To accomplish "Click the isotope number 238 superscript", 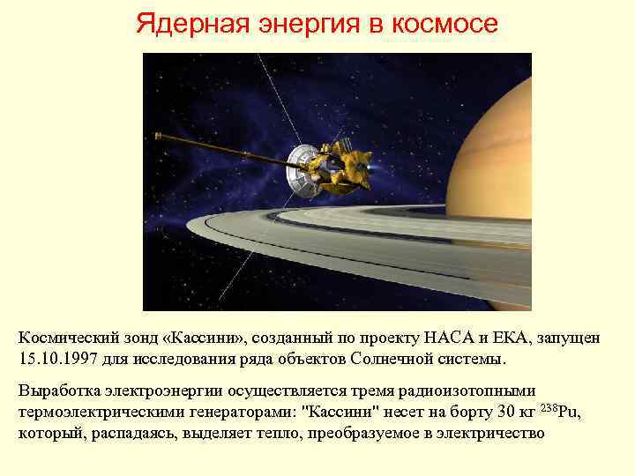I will tap(549, 407).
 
